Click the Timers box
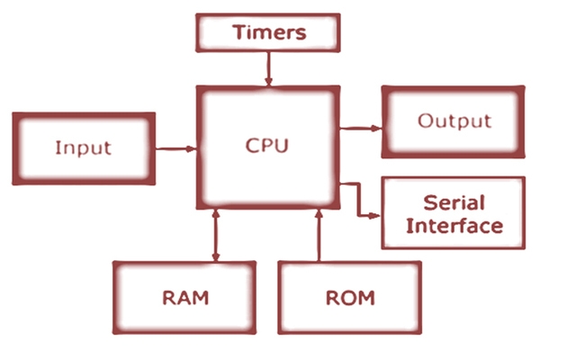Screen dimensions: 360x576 click(x=268, y=33)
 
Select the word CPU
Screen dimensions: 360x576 click(x=267, y=144)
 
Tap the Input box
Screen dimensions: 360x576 click(x=84, y=146)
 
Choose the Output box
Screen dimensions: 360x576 click(x=454, y=121)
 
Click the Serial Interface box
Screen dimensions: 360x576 click(x=454, y=213)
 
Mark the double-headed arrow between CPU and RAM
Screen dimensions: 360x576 click(x=216, y=236)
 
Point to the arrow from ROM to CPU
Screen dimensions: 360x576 click(x=318, y=236)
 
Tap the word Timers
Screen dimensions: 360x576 click(x=269, y=33)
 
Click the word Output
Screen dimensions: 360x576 click(x=454, y=121)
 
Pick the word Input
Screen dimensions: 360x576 click(x=83, y=147)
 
